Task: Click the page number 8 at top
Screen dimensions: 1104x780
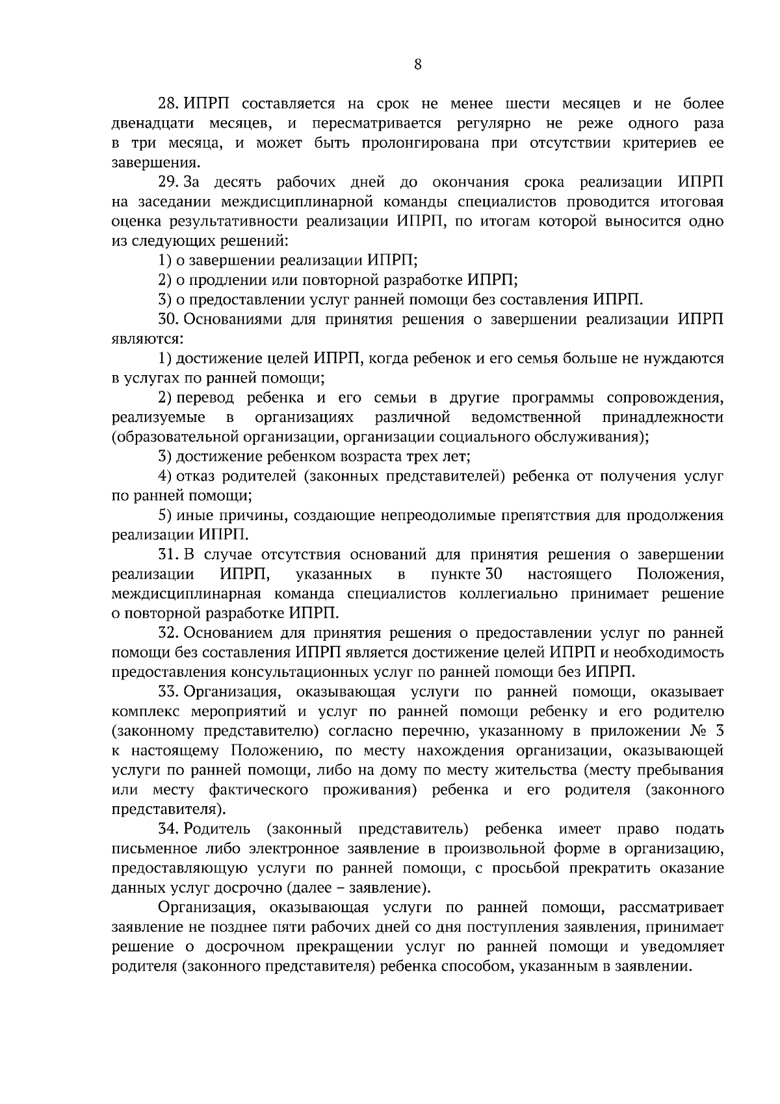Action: point(418,64)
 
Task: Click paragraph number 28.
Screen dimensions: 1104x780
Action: point(170,104)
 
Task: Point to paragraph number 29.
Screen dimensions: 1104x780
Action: point(170,182)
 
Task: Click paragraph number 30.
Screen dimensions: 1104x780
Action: point(170,319)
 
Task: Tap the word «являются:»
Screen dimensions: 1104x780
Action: point(148,339)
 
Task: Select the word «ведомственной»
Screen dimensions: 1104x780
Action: point(526,417)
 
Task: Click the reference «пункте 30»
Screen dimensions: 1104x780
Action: point(467,574)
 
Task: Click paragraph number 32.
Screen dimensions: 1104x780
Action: point(170,633)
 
